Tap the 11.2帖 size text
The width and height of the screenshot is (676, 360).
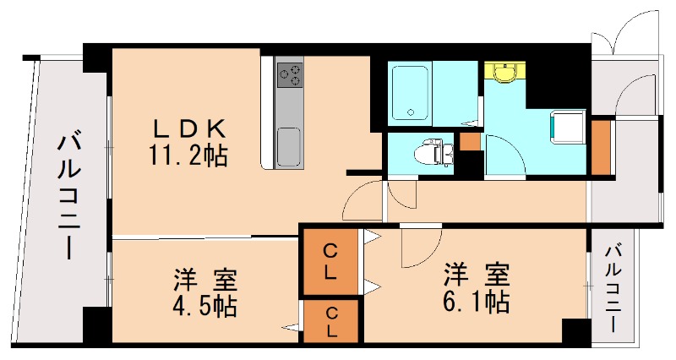click(188, 155)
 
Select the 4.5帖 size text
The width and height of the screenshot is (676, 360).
click(204, 307)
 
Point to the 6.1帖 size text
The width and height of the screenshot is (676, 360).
click(477, 302)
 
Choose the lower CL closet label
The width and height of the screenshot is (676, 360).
click(331, 322)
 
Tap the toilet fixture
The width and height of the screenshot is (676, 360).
click(433, 152)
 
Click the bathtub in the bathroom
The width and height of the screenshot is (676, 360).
click(410, 93)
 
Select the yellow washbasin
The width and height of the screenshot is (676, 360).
click(504, 72)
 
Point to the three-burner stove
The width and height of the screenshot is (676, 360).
click(290, 74)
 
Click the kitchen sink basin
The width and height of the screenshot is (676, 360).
click(288, 146)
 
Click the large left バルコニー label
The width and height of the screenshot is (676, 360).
click(69, 197)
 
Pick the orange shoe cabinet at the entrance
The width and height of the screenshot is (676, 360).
click(602, 146)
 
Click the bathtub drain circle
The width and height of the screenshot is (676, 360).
click(411, 112)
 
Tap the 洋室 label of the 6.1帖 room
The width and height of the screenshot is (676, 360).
click(477, 274)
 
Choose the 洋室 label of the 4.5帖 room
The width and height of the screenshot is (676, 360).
click(205, 280)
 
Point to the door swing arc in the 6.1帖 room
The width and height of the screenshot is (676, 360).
click(428, 254)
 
